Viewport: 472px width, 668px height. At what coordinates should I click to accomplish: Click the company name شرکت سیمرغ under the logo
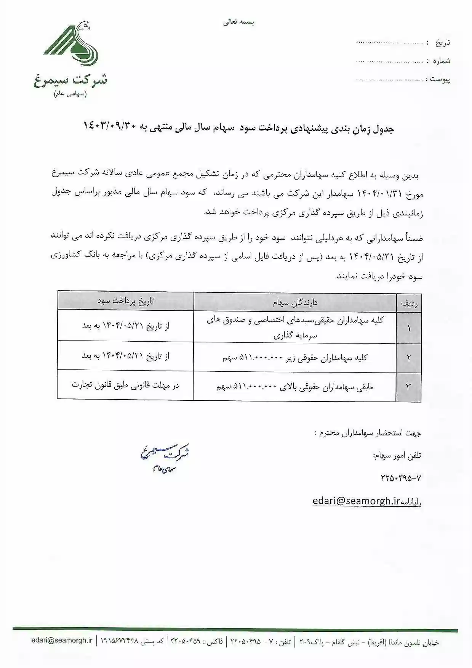[x=71, y=80]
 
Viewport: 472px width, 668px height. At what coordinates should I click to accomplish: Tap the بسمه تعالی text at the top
[x=239, y=22]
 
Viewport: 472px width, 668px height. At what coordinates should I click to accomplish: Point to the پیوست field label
[x=440, y=79]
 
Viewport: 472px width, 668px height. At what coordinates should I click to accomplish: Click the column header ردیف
[x=409, y=303]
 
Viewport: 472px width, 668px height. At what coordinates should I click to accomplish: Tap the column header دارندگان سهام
[x=295, y=303]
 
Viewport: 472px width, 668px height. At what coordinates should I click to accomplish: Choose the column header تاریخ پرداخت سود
[x=126, y=301]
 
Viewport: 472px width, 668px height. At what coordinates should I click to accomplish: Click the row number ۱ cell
[x=409, y=328]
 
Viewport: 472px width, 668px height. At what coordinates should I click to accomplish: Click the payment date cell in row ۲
[x=125, y=356]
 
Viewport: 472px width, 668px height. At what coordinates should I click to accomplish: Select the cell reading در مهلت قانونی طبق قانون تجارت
[x=125, y=385]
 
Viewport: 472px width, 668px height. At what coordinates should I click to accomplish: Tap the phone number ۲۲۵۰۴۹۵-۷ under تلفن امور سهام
[x=401, y=478]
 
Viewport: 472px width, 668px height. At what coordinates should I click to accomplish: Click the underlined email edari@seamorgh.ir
[x=356, y=501]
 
